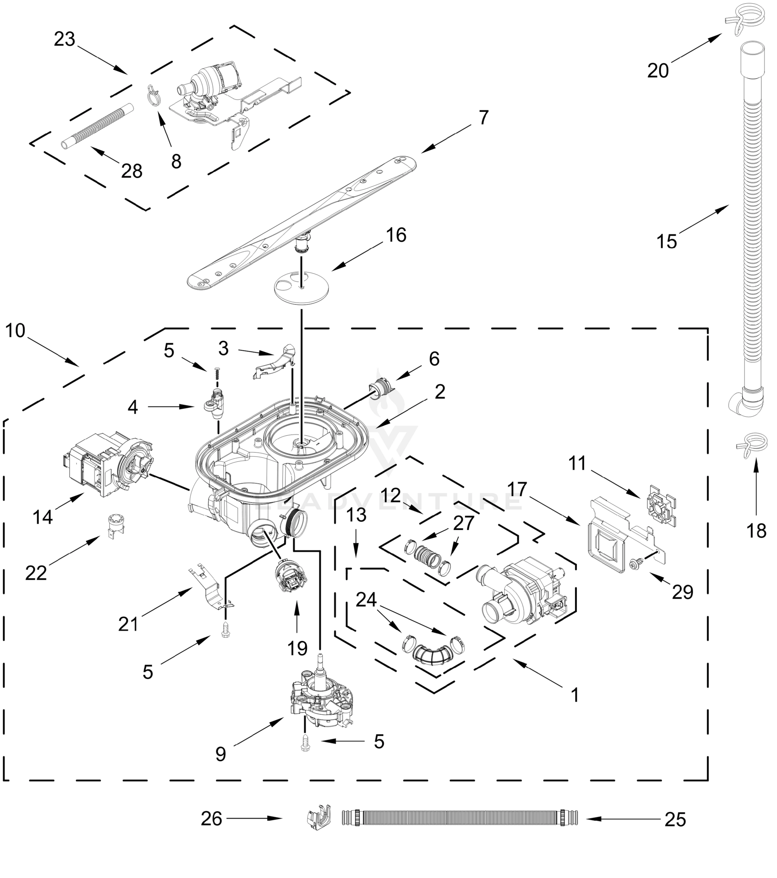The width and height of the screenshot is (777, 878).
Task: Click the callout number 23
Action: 64,40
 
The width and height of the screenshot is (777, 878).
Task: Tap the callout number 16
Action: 395,235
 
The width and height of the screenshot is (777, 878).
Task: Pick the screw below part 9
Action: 305,742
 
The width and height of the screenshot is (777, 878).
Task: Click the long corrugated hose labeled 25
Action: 459,817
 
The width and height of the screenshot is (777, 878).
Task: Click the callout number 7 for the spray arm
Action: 483,117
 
